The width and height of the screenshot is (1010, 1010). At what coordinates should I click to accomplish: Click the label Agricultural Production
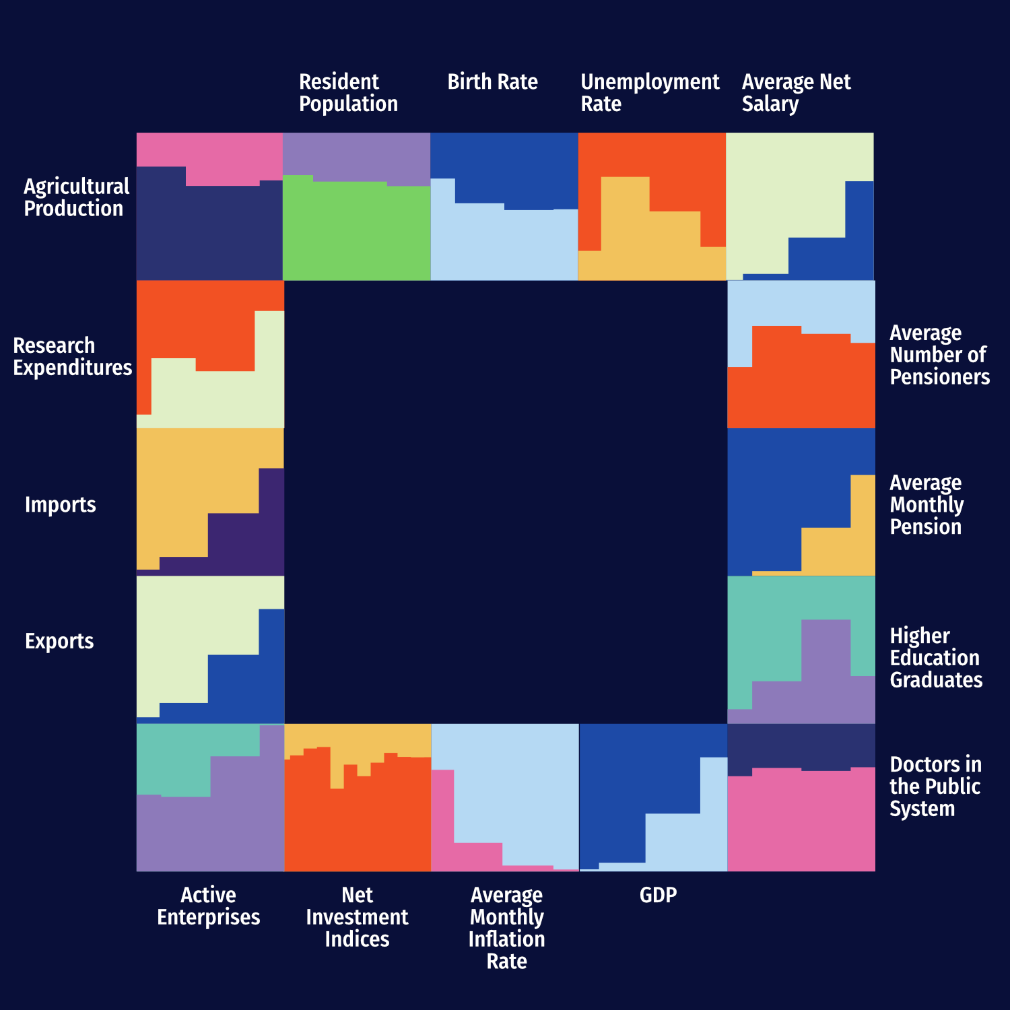(76, 197)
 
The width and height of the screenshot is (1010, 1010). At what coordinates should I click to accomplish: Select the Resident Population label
(348, 93)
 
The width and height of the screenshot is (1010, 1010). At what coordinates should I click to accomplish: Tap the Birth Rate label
(492, 82)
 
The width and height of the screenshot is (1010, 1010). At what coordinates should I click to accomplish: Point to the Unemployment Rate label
(650, 93)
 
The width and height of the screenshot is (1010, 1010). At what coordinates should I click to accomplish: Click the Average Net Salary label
(796, 93)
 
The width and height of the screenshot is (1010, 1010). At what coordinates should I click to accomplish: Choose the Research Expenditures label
(73, 356)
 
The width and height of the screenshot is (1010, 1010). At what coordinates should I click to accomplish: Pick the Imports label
(60, 504)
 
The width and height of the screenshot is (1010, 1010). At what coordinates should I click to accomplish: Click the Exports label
(59, 641)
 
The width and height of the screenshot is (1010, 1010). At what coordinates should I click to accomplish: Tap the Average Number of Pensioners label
(939, 355)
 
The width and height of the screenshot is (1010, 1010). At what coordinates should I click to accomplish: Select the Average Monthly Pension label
(927, 504)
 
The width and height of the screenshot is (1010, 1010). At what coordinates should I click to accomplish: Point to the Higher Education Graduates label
(936, 658)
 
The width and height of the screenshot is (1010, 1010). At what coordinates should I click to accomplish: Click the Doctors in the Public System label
(935, 786)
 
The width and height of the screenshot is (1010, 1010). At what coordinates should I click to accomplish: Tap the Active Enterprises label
(208, 906)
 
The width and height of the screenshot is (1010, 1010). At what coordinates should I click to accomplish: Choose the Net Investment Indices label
(357, 916)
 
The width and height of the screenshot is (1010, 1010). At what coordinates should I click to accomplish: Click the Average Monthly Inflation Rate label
(506, 927)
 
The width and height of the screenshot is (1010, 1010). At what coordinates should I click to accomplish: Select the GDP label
(658, 895)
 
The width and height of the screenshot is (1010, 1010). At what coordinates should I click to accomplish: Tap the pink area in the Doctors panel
(801, 821)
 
